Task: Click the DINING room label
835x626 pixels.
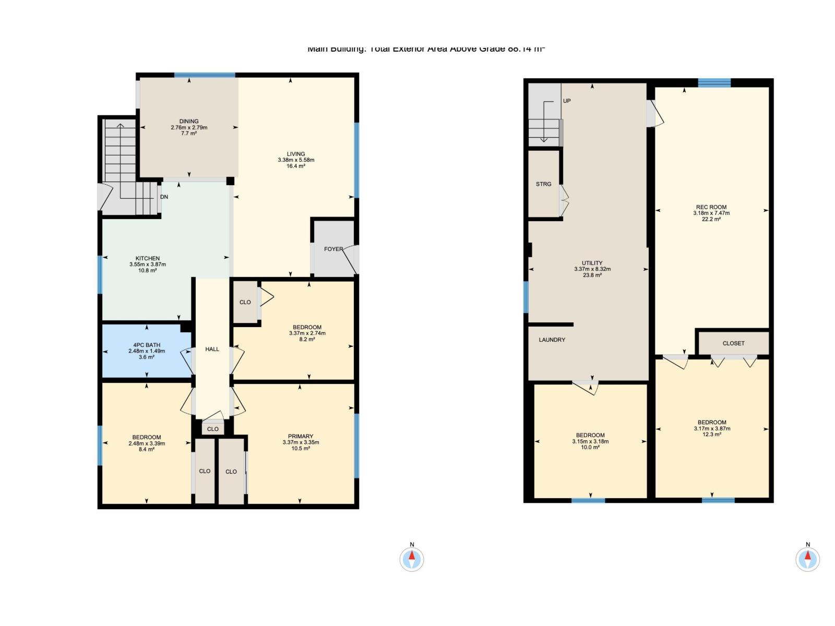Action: [189, 121]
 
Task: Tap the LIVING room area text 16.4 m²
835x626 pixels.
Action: [296, 166]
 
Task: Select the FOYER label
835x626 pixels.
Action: [333, 249]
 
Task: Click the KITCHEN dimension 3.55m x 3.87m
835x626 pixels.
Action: [148, 264]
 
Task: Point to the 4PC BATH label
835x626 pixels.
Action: [147, 345]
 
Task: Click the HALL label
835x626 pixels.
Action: [212, 349]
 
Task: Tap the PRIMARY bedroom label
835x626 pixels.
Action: [301, 436]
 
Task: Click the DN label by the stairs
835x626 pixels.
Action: [164, 197]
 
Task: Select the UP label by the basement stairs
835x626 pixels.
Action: [567, 101]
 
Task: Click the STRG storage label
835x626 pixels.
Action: [543, 184]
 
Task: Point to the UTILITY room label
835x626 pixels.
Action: [592, 263]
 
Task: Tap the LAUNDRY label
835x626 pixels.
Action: [552, 340]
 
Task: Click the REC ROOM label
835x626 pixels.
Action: [711, 207]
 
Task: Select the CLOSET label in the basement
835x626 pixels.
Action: [733, 343]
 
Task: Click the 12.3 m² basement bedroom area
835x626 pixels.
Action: [712, 435]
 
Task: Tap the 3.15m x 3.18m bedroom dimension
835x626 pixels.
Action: [590, 441]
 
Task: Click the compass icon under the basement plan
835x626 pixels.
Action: [807, 559]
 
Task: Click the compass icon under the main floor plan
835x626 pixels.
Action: [412, 559]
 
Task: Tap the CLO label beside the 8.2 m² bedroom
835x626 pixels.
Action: [245, 302]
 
